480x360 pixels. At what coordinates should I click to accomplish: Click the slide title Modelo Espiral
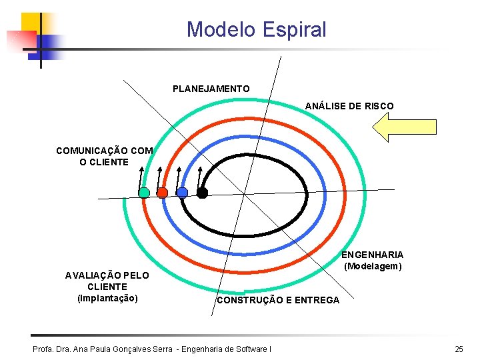[256, 29]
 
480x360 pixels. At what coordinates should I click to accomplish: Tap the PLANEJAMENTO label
[211, 89]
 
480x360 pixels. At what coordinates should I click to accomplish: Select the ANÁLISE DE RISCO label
[349, 106]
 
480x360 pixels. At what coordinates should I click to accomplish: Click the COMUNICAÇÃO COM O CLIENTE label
[104, 156]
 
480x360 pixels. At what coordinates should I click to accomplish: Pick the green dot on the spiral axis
[144, 193]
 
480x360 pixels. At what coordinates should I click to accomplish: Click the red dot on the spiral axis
[162, 193]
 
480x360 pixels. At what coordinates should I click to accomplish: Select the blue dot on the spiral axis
[183, 193]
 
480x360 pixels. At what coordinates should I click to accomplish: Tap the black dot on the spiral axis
[203, 193]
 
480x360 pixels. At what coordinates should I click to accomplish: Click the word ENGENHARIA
[373, 255]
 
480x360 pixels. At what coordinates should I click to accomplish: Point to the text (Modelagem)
[373, 266]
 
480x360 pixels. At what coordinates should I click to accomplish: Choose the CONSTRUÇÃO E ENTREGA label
[277, 301]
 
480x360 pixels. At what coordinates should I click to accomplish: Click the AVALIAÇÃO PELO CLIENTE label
[107, 281]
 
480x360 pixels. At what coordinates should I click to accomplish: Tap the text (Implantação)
[108, 298]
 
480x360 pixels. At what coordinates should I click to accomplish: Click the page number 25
[459, 349]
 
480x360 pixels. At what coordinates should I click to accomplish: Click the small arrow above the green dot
[141, 177]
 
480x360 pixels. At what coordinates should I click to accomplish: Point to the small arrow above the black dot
[199, 177]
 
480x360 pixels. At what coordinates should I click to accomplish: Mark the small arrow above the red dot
[159, 177]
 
